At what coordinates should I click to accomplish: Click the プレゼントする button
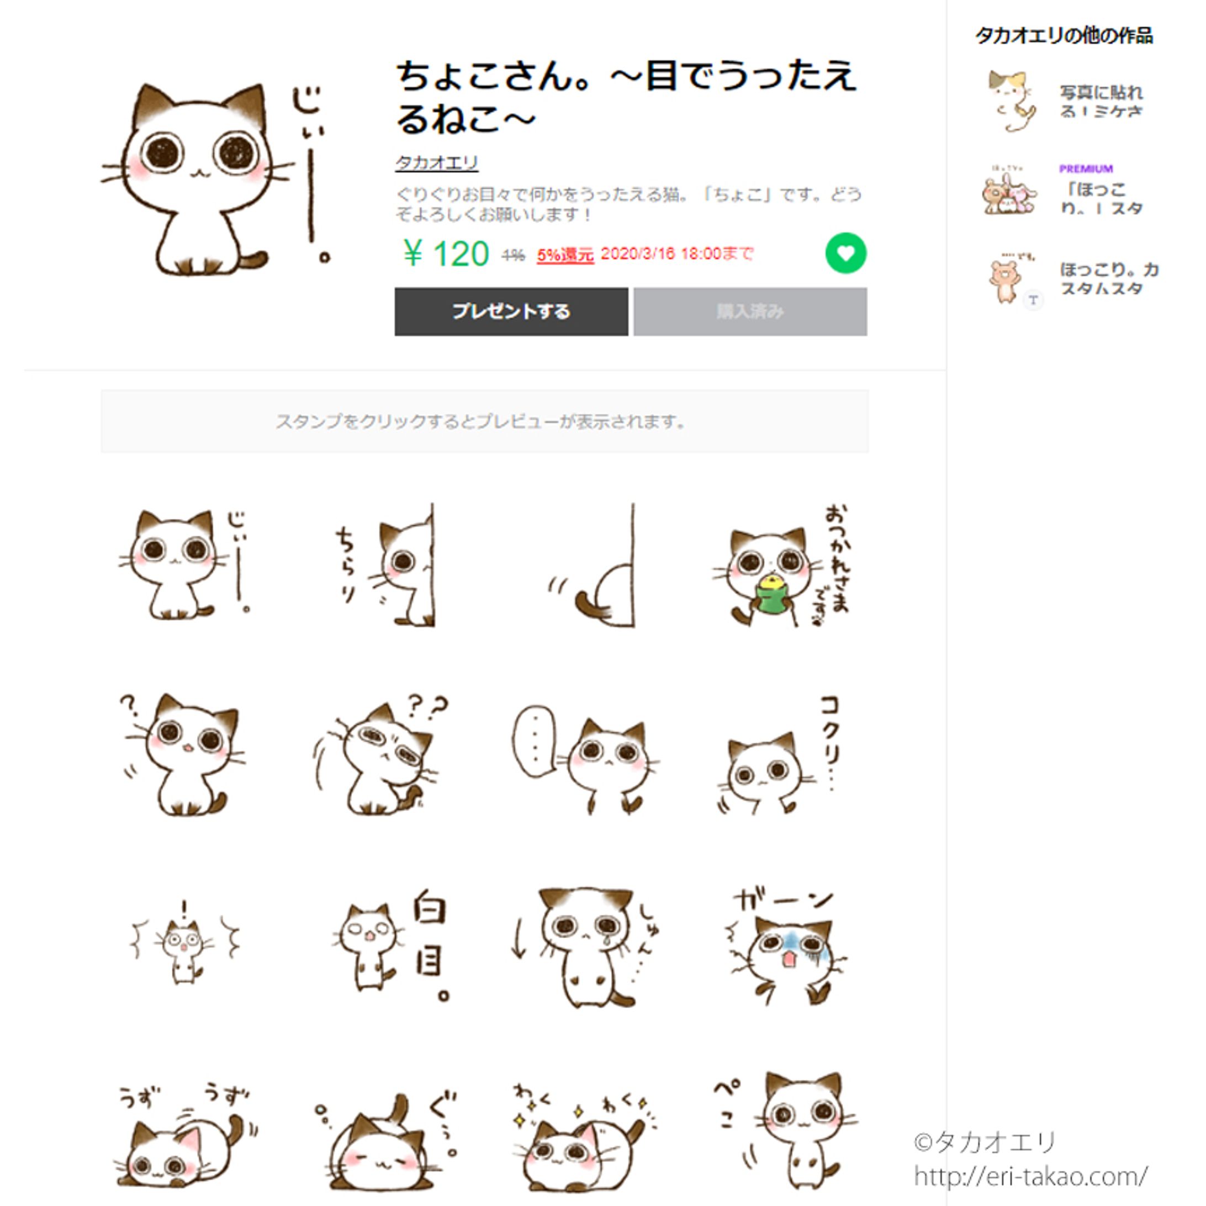pos(511,311)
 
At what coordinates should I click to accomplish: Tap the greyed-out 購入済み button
pos(750,311)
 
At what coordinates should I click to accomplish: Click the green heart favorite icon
pos(845,253)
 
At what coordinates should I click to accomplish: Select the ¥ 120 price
pos(446,254)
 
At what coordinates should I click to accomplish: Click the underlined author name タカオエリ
pos(436,163)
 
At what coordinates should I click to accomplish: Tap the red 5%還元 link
pos(565,255)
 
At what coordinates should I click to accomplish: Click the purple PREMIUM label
pos(1086,168)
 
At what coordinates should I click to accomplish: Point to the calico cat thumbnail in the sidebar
pos(1010,101)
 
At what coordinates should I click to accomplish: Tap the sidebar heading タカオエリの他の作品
pos(1064,35)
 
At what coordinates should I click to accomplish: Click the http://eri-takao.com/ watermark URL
pos(1030,1177)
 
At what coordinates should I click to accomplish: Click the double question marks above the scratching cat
pos(427,707)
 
